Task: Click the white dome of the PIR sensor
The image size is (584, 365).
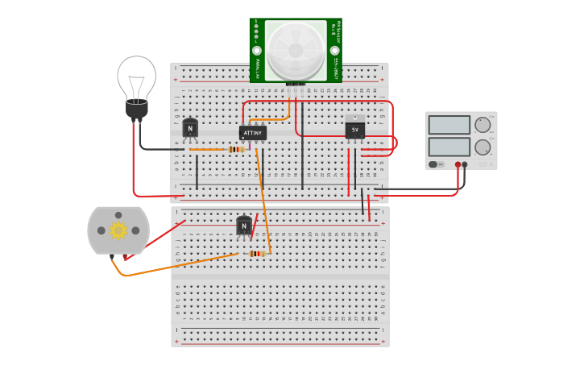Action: pos(296,50)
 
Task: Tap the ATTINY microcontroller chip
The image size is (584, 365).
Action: pos(253,132)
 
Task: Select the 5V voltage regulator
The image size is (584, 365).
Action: pos(354,129)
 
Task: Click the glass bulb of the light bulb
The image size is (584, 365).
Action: pos(136,77)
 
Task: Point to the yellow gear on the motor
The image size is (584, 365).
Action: pos(118,230)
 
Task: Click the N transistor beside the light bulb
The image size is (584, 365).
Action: pos(190,128)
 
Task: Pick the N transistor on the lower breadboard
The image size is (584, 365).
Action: pos(244,226)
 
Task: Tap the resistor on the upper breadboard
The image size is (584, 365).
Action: pos(236,149)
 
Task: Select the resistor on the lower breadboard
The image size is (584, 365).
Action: pos(256,253)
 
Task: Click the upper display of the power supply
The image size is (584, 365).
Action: pos(449,125)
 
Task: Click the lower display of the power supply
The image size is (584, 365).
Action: pos(449,147)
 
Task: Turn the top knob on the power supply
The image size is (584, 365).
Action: pos(483,125)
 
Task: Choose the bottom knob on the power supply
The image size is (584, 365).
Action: pos(483,147)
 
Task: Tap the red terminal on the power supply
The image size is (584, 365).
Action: pos(458,164)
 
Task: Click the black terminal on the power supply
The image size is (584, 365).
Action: pos(465,164)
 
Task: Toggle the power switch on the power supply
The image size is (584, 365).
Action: pos(436,164)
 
